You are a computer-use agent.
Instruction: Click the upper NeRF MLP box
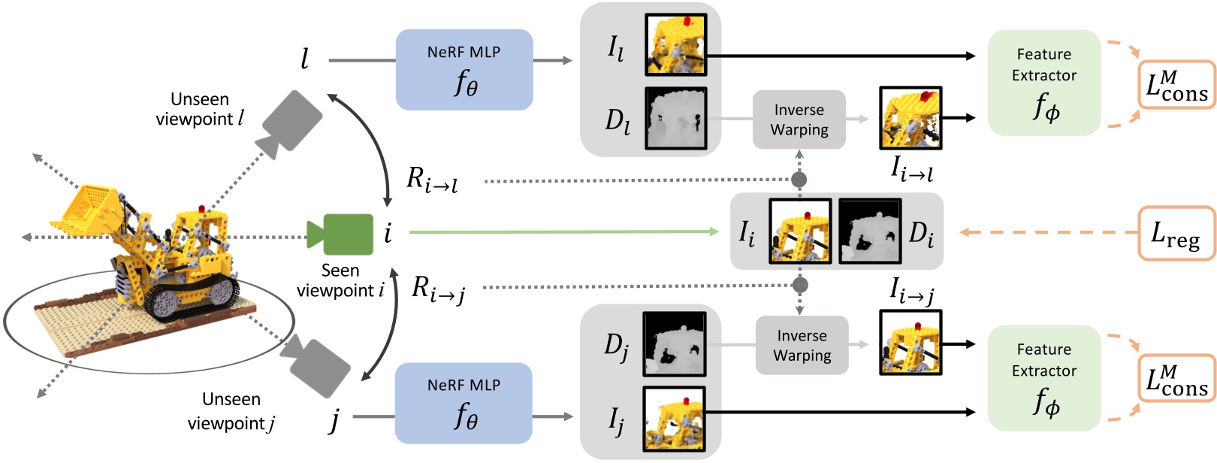pyautogui.click(x=464, y=70)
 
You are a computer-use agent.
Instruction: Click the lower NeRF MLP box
pyautogui.click(x=464, y=403)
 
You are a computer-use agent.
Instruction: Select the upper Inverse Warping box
pyautogui.click(x=799, y=120)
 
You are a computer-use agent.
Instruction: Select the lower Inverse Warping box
pyautogui.click(x=802, y=346)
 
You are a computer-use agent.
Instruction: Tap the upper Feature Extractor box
pyautogui.click(x=1044, y=83)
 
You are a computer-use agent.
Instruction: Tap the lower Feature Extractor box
pyautogui.click(x=1044, y=378)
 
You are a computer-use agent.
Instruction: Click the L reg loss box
pyautogui.click(x=1176, y=234)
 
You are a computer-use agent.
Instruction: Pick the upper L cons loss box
pyautogui.click(x=1176, y=85)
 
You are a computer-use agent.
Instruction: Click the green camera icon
pyautogui.click(x=342, y=234)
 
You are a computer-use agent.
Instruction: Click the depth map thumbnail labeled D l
pyautogui.click(x=675, y=118)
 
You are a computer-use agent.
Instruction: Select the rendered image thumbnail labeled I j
pyautogui.click(x=674, y=418)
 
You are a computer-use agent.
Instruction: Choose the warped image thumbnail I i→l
pyautogui.click(x=910, y=118)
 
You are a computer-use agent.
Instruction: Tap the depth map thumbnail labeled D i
pyautogui.click(x=869, y=231)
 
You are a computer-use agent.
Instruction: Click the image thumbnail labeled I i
pyautogui.click(x=800, y=231)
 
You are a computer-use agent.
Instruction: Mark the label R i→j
pyautogui.click(x=439, y=289)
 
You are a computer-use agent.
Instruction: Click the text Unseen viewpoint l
pyautogui.click(x=200, y=109)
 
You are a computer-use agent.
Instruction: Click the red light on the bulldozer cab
pyautogui.click(x=201, y=208)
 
